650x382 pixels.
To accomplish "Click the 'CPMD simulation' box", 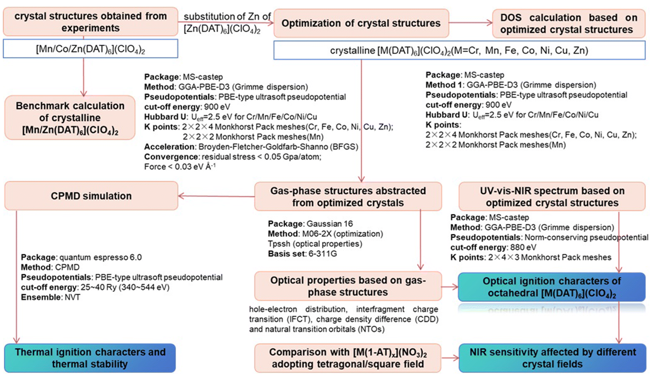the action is tap(91, 196).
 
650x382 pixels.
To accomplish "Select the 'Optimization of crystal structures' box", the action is tap(361, 23).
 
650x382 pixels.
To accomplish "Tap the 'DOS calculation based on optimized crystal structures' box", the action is tap(569, 23).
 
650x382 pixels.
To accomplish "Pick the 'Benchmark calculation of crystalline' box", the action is tap(70, 118).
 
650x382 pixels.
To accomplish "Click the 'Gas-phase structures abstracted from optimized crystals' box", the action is tap(348, 196).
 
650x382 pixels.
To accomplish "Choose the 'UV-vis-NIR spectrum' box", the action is tap(552, 196).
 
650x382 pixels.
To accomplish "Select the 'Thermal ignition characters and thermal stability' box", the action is tap(90, 358).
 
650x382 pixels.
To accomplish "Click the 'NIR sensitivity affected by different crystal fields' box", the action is tap(553, 358).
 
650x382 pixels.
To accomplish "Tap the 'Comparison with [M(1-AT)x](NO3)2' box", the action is tap(348, 358).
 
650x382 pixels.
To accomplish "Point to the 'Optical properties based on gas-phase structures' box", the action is tap(348, 286).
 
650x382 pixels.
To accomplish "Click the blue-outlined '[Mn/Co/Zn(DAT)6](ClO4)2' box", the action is tap(91, 49).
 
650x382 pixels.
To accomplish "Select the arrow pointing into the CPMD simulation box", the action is tap(216, 196).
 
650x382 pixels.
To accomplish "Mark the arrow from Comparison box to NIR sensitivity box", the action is tap(450, 358).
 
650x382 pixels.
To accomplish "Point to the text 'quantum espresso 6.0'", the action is tap(101, 257).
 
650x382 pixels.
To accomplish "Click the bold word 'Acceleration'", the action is tap(170, 147).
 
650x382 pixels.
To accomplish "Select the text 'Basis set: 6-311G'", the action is tap(302, 254).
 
